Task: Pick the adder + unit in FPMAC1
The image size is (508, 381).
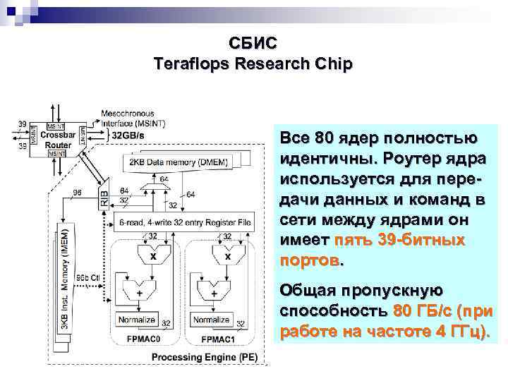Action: [x=214, y=291]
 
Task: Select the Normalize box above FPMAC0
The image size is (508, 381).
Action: [x=138, y=320]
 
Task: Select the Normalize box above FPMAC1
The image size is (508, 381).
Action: [x=212, y=320]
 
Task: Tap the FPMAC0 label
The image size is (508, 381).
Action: [x=144, y=339]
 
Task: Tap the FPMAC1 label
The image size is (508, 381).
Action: [x=219, y=339]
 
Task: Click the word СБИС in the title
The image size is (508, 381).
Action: [x=253, y=44]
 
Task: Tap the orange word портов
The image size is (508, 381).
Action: [x=309, y=260]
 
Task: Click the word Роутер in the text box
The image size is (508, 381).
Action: [x=405, y=154]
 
